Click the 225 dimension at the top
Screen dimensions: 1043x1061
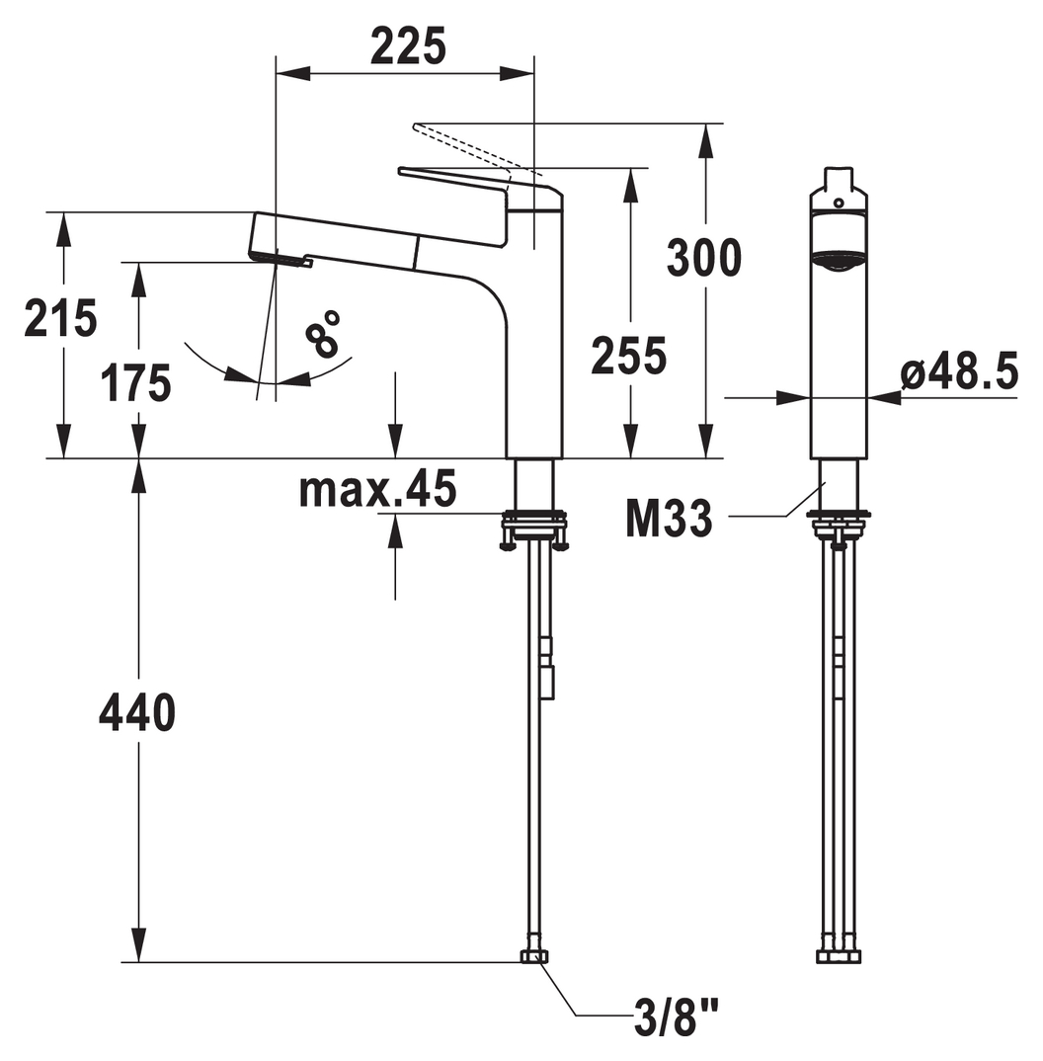[408, 46]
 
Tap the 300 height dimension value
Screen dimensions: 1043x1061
[704, 258]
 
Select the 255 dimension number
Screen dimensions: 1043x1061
[628, 356]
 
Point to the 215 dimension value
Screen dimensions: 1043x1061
[60, 317]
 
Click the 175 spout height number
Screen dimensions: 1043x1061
[136, 383]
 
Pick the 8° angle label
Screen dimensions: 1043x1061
[322, 333]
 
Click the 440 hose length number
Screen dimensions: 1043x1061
[137, 712]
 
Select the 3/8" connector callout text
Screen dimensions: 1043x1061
[676, 1019]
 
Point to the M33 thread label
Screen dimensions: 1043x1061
[669, 519]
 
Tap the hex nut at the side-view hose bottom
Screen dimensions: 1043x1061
[839, 957]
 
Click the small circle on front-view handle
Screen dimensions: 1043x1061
[839, 203]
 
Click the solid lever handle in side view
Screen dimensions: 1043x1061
[481, 202]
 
